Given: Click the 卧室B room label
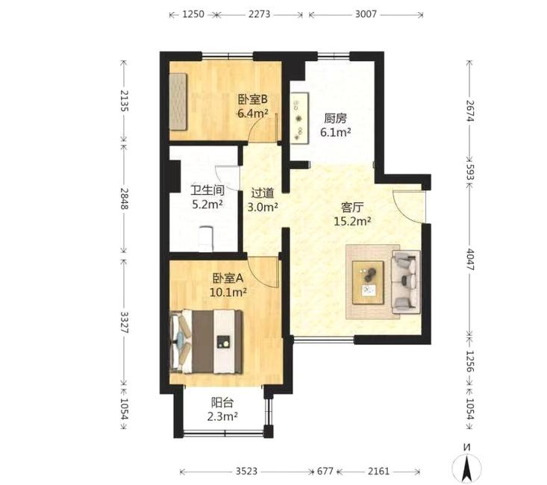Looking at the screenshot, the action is (x=252, y=99).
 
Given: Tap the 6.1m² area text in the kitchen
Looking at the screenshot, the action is (x=336, y=133).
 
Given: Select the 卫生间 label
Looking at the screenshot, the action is (x=207, y=190).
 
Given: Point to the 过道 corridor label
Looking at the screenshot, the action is (x=263, y=193).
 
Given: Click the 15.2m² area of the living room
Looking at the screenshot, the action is (x=352, y=221).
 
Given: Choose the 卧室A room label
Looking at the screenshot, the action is (x=228, y=278).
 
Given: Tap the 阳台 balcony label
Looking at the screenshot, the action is (x=222, y=403).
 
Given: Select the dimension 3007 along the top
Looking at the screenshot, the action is (x=366, y=14).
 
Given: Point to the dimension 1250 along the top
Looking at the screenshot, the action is (x=193, y=14).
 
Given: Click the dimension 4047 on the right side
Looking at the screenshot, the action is (x=470, y=260).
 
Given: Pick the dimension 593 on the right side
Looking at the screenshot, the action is (x=470, y=172).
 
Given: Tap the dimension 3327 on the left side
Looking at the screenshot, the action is (x=125, y=322).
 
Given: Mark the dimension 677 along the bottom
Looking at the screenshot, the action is (x=325, y=472).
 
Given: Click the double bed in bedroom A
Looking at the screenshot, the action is (x=206, y=342).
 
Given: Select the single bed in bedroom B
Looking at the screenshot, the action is (x=178, y=101).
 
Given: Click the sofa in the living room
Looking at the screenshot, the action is (x=406, y=282).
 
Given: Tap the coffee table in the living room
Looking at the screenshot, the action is (x=369, y=283).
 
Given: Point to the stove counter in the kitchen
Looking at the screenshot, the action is (x=300, y=118).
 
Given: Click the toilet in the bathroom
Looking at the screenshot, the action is (x=205, y=239).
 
